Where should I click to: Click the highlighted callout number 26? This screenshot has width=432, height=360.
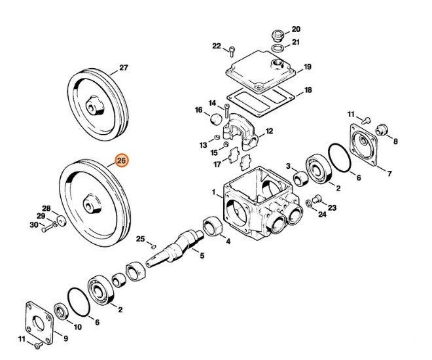pos(122,160)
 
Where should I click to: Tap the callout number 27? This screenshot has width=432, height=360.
pos(123,67)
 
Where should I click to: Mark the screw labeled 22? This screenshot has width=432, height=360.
pos(232,48)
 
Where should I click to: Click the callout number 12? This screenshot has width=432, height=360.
pos(268,132)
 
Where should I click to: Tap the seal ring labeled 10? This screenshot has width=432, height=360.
pos(59,310)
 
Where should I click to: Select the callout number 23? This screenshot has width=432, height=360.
pos(333,207)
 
